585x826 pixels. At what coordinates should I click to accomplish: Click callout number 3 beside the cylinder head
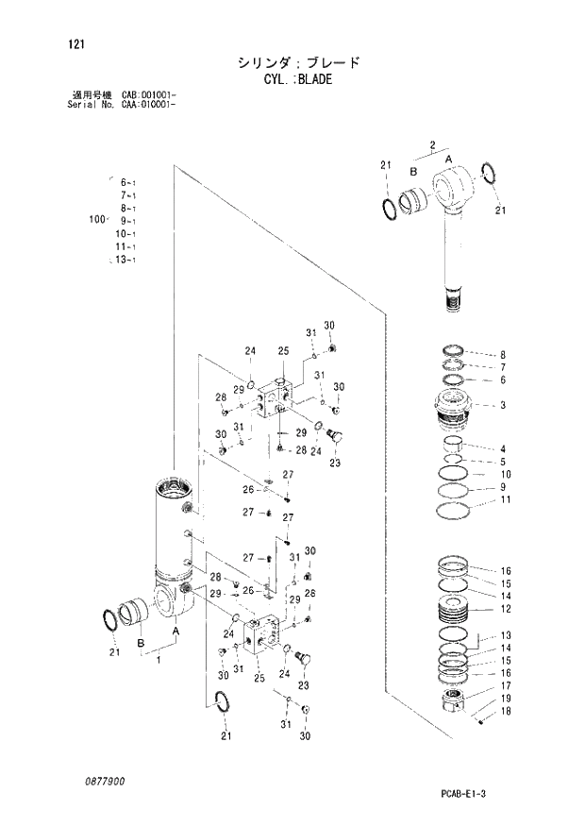(503, 406)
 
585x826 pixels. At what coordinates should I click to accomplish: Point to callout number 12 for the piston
(506, 610)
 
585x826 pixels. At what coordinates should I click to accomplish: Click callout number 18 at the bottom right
(506, 712)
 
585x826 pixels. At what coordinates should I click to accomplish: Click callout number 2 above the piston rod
(431, 144)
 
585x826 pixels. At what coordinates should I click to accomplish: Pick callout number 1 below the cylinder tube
(158, 660)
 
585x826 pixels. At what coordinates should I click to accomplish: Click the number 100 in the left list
(94, 219)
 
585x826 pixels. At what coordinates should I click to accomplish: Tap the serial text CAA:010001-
(150, 103)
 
